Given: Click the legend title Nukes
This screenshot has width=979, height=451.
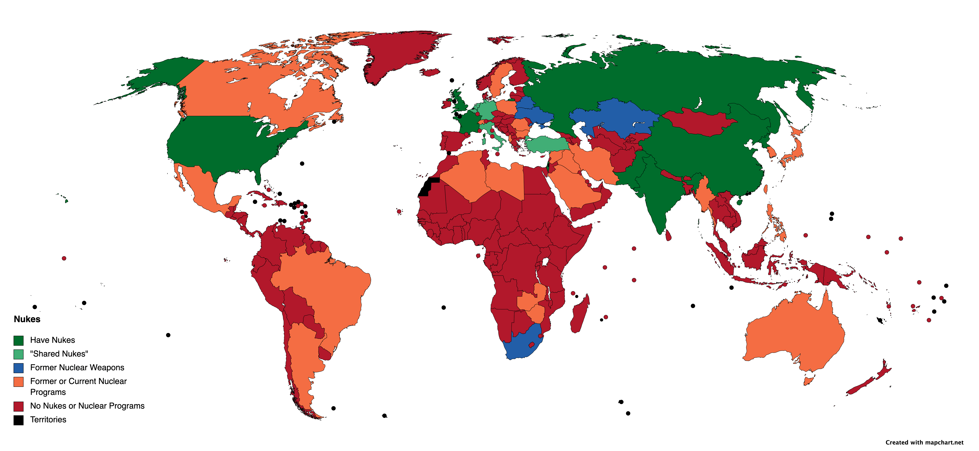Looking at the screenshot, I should (27, 319).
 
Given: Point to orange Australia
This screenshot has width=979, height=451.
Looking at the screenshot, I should (794, 334).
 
